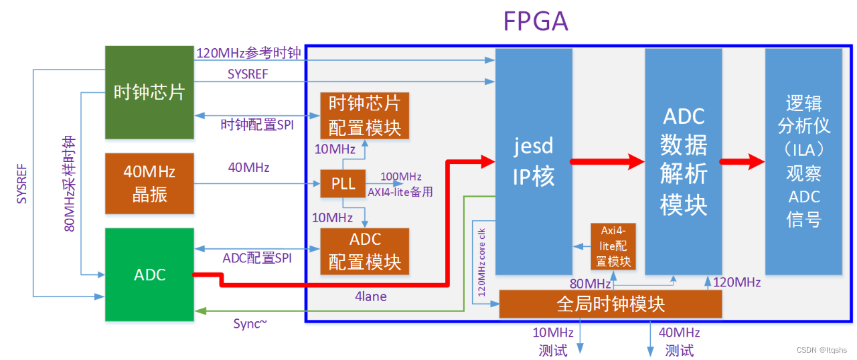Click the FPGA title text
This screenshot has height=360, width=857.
pyautogui.click(x=536, y=21)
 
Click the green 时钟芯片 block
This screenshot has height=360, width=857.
pyautogui.click(x=149, y=92)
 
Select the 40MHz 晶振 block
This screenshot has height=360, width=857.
pyautogui.click(x=149, y=183)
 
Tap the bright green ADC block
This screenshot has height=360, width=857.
pyautogui.click(x=149, y=275)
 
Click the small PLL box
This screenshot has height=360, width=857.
pyautogui.click(x=343, y=183)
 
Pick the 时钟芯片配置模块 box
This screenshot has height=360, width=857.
pyautogui.click(x=364, y=115)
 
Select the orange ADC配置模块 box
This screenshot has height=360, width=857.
pyautogui.click(x=364, y=251)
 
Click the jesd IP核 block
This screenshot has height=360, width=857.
pyautogui.click(x=533, y=161)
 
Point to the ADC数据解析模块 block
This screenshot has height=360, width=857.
pyautogui.click(x=683, y=161)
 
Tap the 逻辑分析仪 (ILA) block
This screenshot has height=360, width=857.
pyautogui.click(x=803, y=161)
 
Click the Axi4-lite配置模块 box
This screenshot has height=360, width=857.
pyautogui.click(x=612, y=246)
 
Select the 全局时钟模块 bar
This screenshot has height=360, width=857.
pyautogui.click(x=610, y=304)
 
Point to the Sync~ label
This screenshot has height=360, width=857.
pyautogui.click(x=250, y=324)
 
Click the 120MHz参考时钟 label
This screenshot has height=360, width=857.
pyautogui.click(x=248, y=53)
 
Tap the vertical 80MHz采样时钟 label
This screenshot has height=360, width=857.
pyautogui.click(x=70, y=184)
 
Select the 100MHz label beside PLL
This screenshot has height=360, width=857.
pyautogui.click(x=400, y=177)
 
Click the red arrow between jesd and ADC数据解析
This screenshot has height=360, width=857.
pyautogui.click(x=607, y=161)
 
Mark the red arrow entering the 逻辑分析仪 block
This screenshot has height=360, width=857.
pyautogui.click(x=743, y=161)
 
